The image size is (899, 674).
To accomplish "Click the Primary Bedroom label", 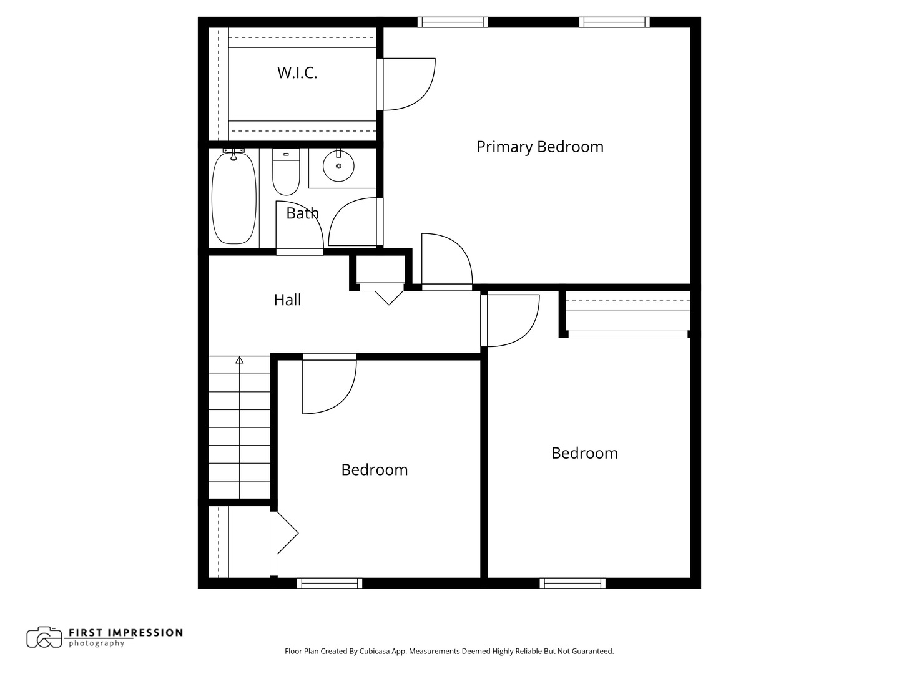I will point(539,147).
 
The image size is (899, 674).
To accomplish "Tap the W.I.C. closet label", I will point(297,72).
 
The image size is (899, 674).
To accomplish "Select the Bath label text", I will point(302,213).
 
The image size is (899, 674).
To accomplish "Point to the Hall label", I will point(287,300).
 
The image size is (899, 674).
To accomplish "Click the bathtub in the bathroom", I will point(234,198).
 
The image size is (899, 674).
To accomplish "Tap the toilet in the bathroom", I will point(286,174).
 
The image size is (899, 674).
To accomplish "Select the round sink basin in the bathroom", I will point(338,166).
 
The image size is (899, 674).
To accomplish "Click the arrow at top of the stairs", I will point(239,360).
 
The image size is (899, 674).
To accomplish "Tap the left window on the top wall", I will point(453,22).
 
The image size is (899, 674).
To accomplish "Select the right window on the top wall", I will point(614,22).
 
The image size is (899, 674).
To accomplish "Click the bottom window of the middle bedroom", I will point(330,583).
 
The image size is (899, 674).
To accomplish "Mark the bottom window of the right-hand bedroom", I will point(572,583).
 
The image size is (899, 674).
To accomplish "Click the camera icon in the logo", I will point(44,637).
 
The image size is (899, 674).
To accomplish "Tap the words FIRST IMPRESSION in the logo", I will point(125,632).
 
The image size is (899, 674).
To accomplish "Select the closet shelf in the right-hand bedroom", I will point(628,306).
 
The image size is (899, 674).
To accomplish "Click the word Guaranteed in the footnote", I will point(592,651).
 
